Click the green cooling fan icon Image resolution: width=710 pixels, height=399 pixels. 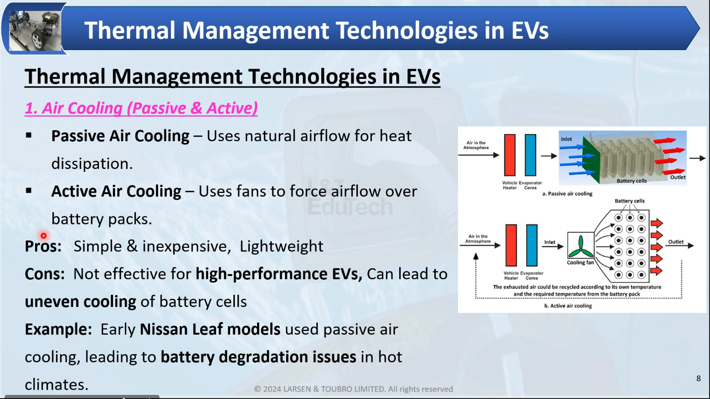click(x=581, y=247)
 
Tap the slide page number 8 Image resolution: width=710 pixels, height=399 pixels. click(x=698, y=378)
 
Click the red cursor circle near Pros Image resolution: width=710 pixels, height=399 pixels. click(x=43, y=235)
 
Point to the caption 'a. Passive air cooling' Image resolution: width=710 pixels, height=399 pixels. click(x=567, y=193)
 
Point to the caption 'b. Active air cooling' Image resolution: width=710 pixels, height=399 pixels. click(x=568, y=306)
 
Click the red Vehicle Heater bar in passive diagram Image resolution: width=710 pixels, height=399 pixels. click(x=509, y=155)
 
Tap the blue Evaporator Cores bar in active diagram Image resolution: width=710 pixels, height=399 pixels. click(x=531, y=246)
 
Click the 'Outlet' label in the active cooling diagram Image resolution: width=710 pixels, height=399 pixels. click(x=676, y=242)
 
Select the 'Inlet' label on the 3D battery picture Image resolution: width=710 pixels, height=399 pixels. click(x=566, y=139)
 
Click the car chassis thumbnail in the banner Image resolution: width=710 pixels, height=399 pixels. click(x=35, y=31)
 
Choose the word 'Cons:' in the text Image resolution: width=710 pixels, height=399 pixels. click(x=45, y=274)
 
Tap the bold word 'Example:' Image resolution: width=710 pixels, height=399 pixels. click(x=58, y=329)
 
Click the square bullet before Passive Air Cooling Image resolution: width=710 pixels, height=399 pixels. click(x=29, y=136)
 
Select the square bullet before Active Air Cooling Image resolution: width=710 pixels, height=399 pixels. click(x=29, y=191)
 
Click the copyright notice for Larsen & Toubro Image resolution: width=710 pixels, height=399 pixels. click(x=354, y=389)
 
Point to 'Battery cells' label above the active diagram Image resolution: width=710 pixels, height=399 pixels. click(x=629, y=201)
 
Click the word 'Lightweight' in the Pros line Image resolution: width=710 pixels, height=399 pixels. click(x=282, y=246)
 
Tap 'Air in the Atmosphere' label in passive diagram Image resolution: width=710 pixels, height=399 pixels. click(x=476, y=145)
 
